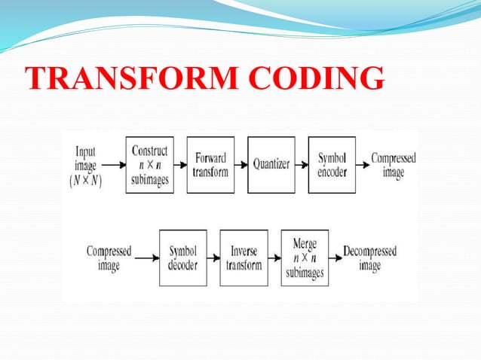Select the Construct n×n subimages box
[149, 165]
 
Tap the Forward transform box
[210, 165]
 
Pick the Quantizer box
[271, 165]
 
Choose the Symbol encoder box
[332, 165]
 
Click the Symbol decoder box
[182, 258]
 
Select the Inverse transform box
[244, 258]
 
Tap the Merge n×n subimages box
[305, 258]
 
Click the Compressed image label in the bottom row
[109, 258]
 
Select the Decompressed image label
[369, 258]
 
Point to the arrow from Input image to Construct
[114, 164]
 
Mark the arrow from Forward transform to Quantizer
[240, 164]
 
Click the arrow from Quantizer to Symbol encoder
[302, 164]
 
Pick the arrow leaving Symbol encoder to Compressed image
[362, 164]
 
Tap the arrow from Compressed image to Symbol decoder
[146, 258]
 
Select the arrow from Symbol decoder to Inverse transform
[213, 258]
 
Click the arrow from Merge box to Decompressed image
[335, 258]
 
